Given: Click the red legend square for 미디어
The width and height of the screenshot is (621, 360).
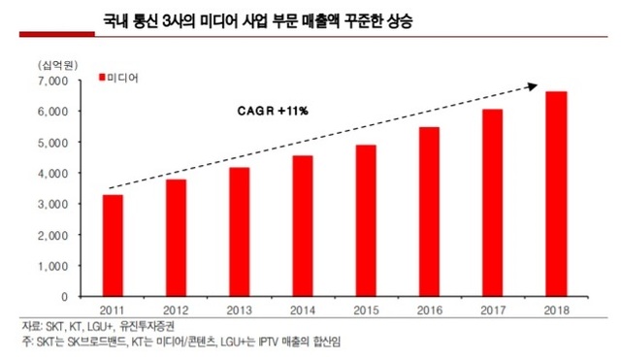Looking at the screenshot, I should click(x=100, y=77).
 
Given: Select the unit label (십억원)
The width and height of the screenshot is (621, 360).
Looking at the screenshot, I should click(x=55, y=63).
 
